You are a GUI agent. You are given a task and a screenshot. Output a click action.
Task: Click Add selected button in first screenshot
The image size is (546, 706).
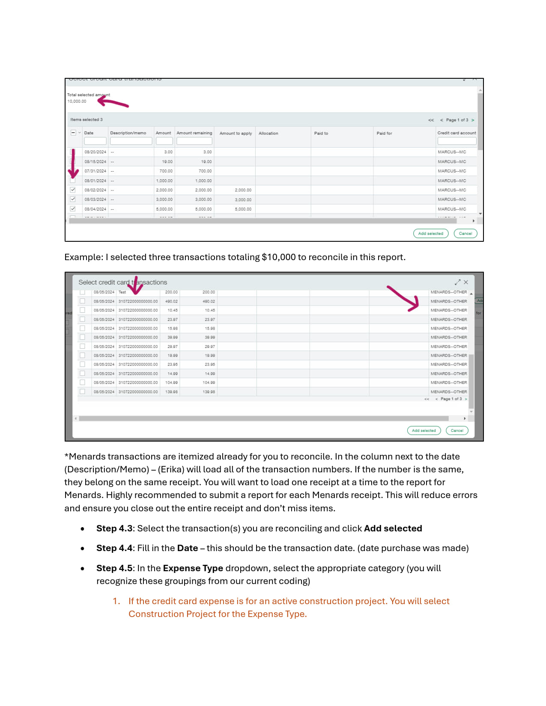coord(430,233)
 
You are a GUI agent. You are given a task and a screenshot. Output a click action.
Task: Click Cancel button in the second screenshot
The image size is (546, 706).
coord(457,430)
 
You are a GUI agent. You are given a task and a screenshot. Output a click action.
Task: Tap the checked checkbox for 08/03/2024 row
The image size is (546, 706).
coord(73,199)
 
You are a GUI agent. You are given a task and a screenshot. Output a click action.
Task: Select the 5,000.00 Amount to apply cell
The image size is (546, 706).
coord(243,209)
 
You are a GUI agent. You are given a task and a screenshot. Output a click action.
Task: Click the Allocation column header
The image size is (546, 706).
coord(268,133)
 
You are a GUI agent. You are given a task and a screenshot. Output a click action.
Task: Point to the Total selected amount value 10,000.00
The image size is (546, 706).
coord(77,101)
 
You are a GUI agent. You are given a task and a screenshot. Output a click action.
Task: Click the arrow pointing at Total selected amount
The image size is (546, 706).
coord(113,102)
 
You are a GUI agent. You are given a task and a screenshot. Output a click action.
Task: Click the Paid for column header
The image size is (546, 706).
coord(384,133)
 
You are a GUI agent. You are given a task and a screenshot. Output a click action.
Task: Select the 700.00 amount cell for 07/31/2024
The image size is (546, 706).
coord(166,171)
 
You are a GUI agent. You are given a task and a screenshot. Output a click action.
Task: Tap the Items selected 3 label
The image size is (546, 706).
coord(87,120)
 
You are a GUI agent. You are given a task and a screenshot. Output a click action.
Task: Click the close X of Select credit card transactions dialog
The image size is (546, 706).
coord(466,282)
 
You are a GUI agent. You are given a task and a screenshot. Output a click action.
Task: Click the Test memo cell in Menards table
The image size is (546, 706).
coord(122,292)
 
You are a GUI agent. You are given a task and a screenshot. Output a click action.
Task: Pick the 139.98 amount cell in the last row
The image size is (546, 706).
coord(171,392)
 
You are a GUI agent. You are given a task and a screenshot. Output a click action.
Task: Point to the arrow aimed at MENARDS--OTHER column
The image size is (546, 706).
coord(404,299)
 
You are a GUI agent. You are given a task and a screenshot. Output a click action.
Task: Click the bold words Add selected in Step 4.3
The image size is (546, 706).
coord(393,528)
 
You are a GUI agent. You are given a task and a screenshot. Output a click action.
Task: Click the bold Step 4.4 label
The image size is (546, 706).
coord(114,548)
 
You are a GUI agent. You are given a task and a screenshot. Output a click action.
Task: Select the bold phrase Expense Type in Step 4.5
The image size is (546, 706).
coord(193,568)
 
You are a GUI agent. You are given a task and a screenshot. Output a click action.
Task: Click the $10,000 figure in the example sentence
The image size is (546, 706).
coord(278,257)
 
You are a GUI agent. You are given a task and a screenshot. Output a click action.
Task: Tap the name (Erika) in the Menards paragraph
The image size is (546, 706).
coord(171,469)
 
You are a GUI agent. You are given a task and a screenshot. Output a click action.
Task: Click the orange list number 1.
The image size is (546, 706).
coord(116,601)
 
